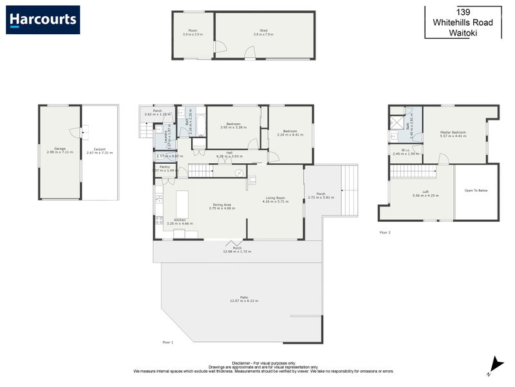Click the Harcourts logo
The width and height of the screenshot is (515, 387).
[43, 19]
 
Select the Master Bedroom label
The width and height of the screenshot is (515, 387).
[453, 132]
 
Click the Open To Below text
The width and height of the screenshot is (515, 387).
[477, 191]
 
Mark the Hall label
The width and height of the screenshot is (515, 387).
[229, 152]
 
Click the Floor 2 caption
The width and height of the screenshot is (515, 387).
[385, 232]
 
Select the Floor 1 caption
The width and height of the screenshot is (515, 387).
[168, 342]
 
